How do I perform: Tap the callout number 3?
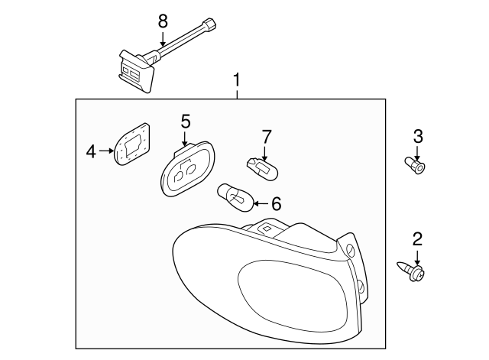tap(418, 137)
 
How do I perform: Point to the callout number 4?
tap(91, 152)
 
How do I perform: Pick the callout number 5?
tap(185, 121)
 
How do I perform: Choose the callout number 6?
tap(276, 203)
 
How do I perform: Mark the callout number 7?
tap(266, 137)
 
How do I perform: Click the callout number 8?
tap(162, 21)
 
